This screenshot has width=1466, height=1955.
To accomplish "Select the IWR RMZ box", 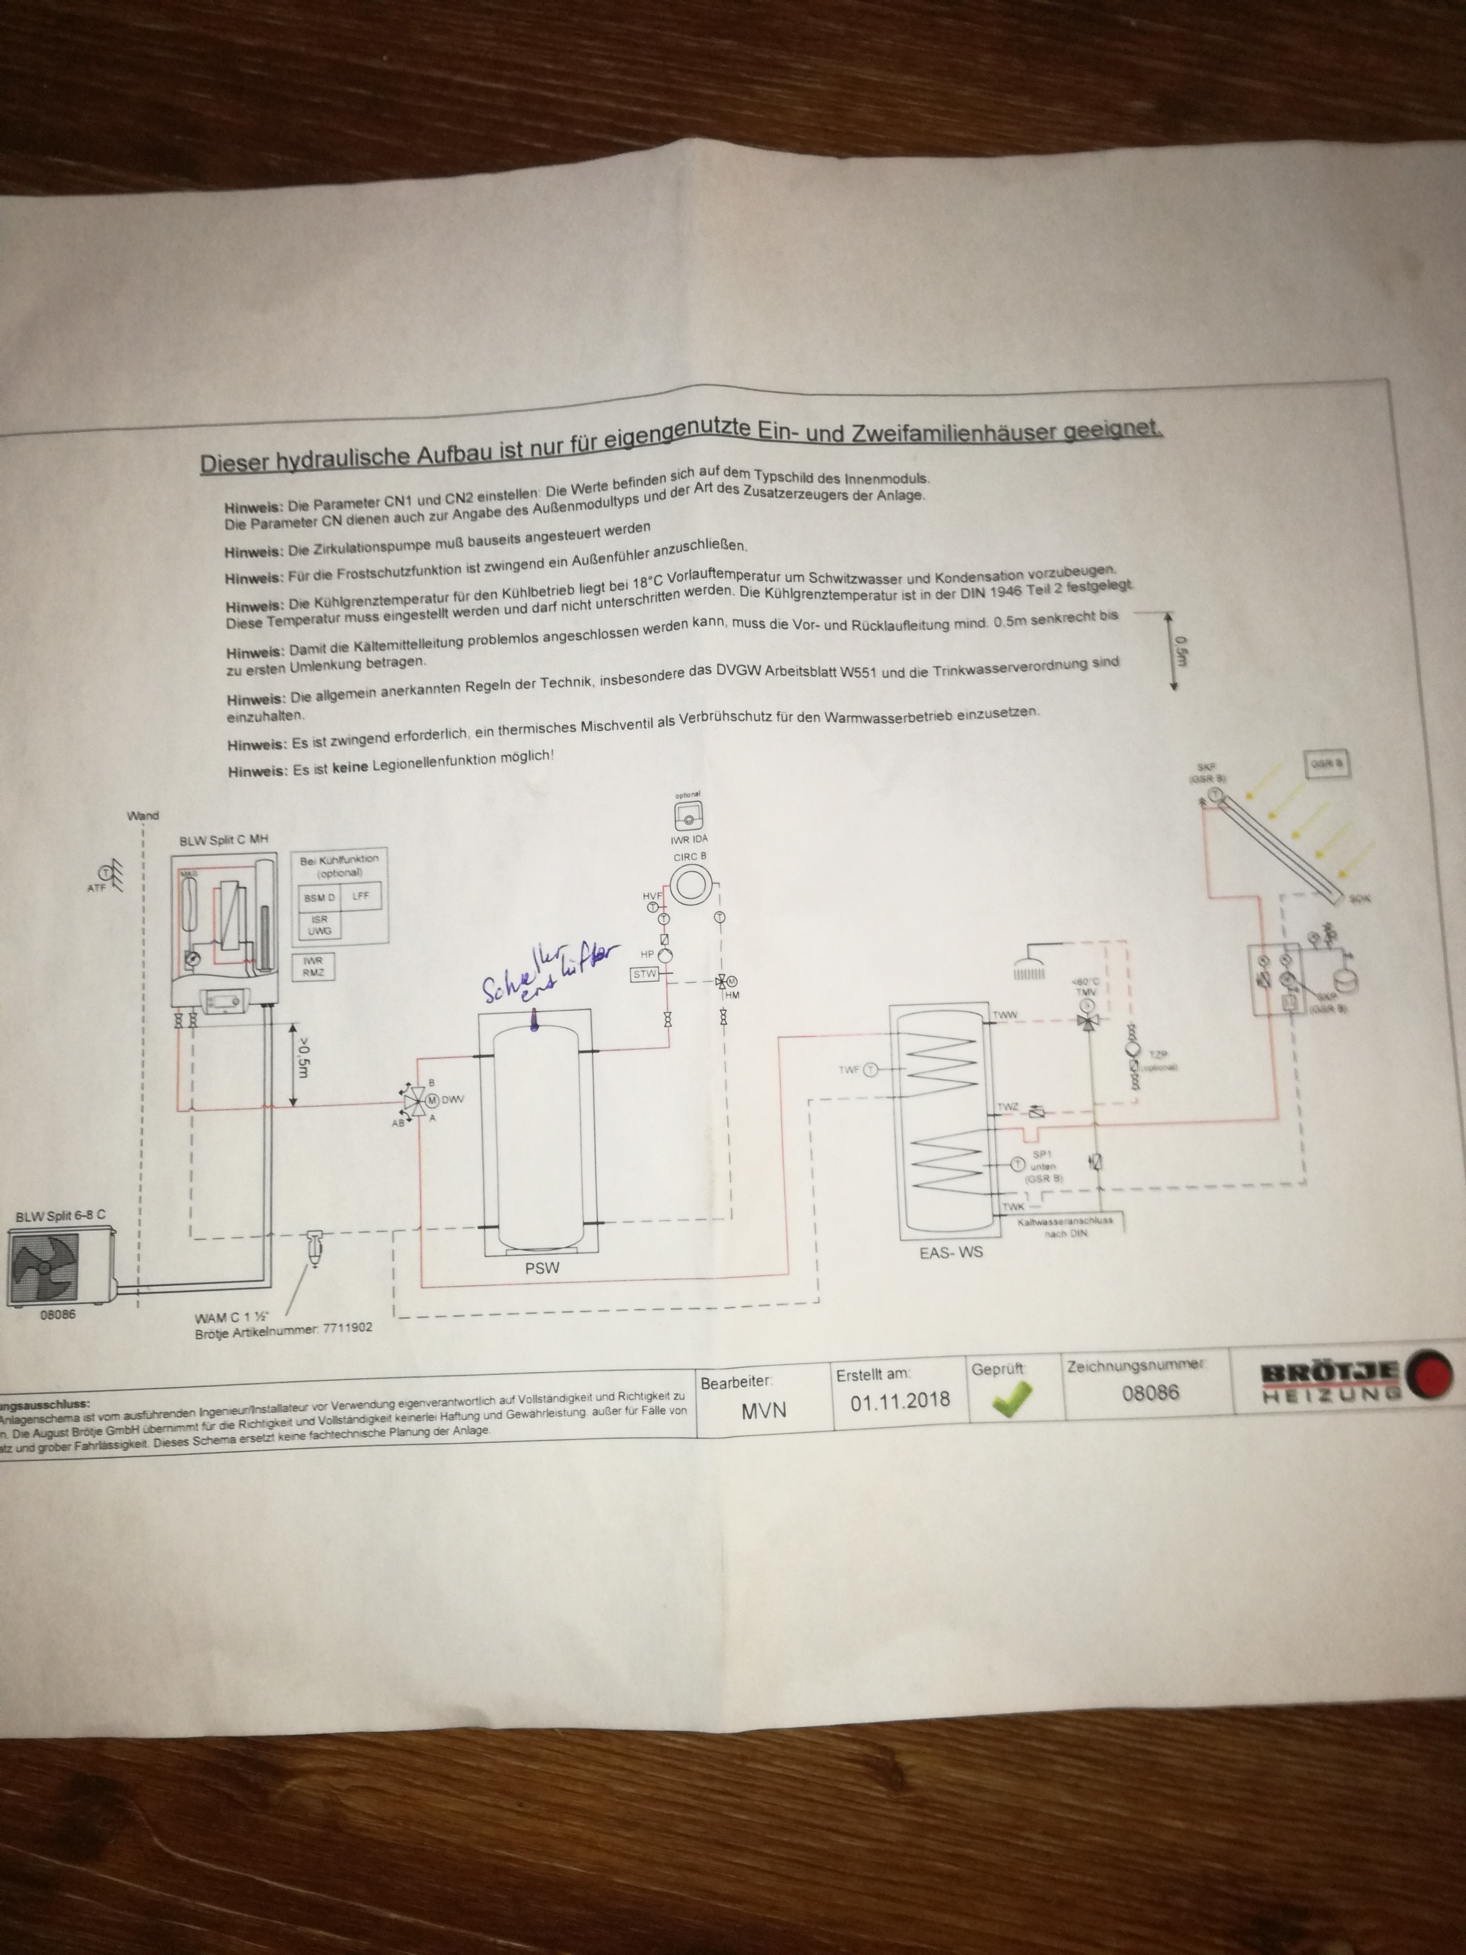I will coord(314,966).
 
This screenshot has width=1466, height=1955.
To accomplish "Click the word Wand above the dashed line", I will coord(143,816).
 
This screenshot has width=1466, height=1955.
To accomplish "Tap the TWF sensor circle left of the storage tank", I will coord(870,1070).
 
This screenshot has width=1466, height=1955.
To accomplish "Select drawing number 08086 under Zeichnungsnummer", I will coord(1151,1392).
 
